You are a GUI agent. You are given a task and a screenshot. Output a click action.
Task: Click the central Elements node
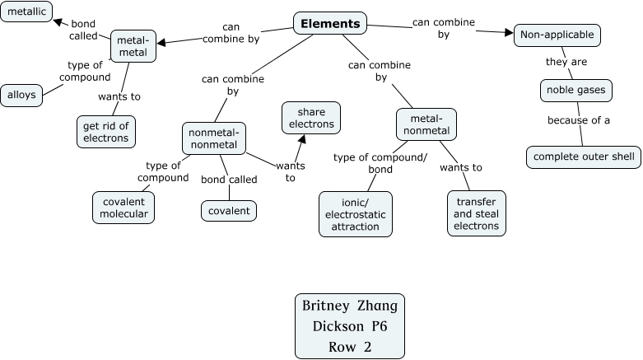coord(330,23)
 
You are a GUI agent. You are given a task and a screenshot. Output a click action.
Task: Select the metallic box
coord(26,12)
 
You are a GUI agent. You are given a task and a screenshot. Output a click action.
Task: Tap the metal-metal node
coord(133,46)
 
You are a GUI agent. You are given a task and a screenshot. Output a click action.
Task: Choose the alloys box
coord(21,95)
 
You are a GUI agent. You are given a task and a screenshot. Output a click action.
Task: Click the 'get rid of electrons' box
coord(106,132)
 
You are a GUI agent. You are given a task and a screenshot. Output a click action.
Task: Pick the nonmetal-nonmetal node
coord(213,138)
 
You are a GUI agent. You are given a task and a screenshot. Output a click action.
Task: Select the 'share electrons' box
coord(311,118)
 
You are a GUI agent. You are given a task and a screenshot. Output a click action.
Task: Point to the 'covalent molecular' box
coord(124,207)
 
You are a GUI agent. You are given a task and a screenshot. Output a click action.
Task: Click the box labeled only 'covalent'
coord(229,211)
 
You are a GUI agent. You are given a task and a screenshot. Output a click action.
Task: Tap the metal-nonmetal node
coord(426,124)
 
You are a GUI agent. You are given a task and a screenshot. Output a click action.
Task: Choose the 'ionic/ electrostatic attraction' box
coord(356,213)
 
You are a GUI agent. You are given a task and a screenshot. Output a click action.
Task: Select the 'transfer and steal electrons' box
coord(476,213)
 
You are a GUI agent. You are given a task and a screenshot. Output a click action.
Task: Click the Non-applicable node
coord(557,35)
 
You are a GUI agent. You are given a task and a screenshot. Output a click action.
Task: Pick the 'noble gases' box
coord(575,90)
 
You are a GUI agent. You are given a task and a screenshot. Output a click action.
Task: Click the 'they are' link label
coord(566,62)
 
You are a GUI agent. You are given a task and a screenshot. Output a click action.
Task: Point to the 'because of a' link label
coord(579,120)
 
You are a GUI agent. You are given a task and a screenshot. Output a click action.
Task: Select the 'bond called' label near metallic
coord(83,30)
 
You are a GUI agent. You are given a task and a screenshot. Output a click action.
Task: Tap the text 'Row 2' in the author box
coord(350,347)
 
